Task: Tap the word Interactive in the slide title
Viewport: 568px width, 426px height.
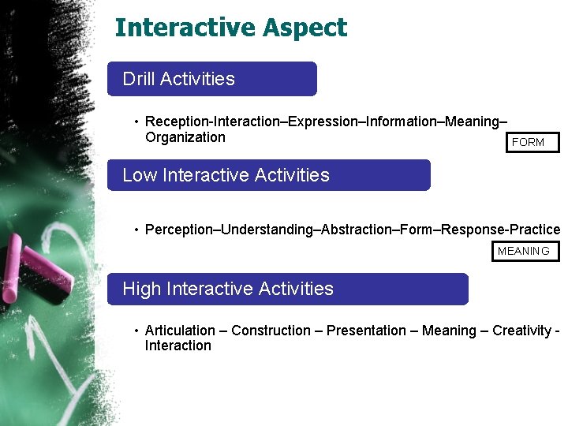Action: pyautogui.click(x=186, y=28)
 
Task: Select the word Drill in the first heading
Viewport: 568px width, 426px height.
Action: pyautogui.click(x=139, y=79)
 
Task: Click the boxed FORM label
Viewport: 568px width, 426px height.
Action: pyautogui.click(x=528, y=143)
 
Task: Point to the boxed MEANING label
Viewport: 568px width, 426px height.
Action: pyautogui.click(x=524, y=252)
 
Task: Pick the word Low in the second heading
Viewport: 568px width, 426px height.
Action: pyautogui.click(x=140, y=175)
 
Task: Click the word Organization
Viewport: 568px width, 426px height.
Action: pyautogui.click(x=185, y=137)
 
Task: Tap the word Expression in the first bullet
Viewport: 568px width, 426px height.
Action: pyautogui.click(x=323, y=121)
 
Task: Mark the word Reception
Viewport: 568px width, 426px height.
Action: pyautogui.click(x=177, y=121)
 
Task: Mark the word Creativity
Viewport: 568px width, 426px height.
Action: pyautogui.click(x=521, y=331)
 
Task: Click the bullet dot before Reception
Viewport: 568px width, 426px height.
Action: pyautogui.click(x=136, y=121)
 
